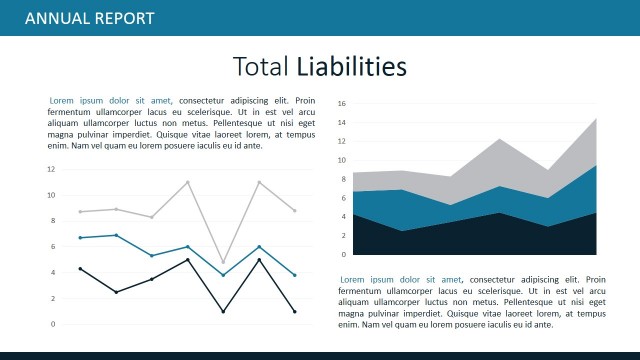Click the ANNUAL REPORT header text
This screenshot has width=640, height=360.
89,18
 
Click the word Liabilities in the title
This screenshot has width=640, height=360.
351,67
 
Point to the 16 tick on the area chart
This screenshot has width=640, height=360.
341,103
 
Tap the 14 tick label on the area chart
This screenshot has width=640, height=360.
341,122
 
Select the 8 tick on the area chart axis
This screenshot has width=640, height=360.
343,179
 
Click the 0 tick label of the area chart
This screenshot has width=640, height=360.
343,254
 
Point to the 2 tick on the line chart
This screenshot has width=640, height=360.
52,298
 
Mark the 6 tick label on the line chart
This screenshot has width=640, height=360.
52,246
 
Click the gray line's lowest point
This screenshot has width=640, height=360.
223,263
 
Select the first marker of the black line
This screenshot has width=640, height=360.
80,268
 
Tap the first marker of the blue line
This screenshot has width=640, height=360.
80,238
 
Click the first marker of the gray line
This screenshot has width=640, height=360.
80,212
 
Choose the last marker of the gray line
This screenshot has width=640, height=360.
294,211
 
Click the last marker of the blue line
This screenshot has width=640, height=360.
294,275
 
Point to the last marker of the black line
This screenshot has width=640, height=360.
294,312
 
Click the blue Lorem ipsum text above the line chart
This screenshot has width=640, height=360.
110,101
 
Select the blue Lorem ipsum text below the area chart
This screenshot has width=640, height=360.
401,280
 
